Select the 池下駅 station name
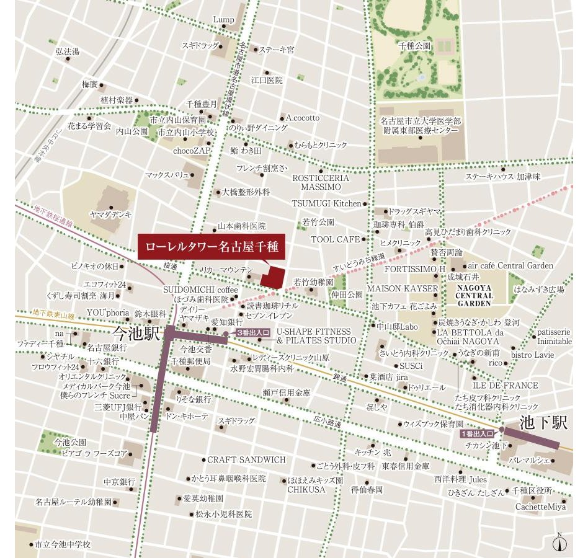[543, 423]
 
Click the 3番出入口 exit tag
[253, 333]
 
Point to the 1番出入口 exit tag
[478, 434]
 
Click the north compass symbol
[559, 542]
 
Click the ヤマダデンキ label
[110, 215]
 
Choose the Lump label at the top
[223, 20]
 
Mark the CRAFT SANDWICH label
[246, 460]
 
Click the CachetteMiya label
[540, 507]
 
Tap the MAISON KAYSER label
[402, 289]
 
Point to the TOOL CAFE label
[335, 239]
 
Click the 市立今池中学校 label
[63, 544]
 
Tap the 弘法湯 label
[68, 52]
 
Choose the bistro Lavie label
[532, 355]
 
